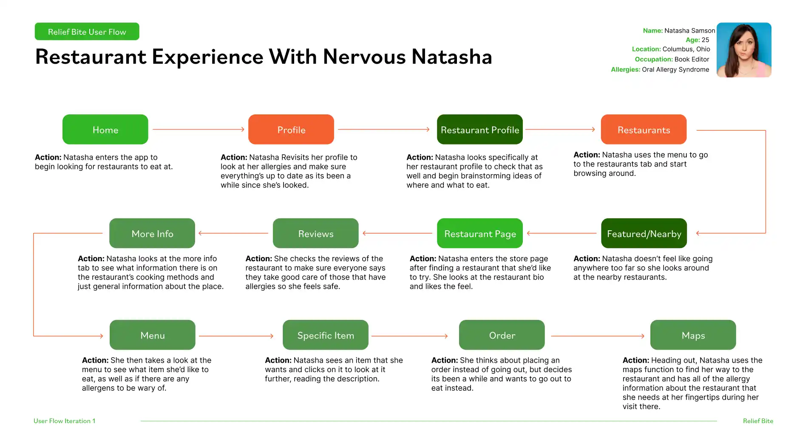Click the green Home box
point(105,130)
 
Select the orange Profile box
point(291,130)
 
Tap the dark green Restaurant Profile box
point(480,130)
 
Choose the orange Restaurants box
point(644,130)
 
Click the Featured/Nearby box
point(644,233)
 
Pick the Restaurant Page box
point(480,233)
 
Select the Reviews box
point(316,233)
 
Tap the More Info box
point(152,233)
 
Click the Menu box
point(153,335)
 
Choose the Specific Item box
point(326,335)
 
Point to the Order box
point(502,335)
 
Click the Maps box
point(693,335)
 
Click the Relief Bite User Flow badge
point(87,31)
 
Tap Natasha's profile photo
point(744,50)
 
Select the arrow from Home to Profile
point(198,129)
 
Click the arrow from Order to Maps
point(598,336)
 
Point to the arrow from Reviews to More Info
point(233,233)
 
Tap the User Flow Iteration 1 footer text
point(65,421)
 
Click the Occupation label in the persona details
point(654,59)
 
